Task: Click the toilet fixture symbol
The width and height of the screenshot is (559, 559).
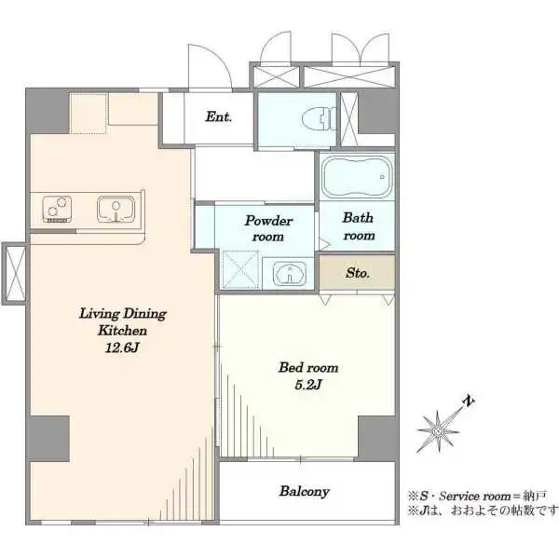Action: coord(319,118)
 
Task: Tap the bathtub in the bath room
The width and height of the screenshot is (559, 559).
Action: coord(358,177)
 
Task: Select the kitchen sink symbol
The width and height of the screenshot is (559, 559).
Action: coord(116,209)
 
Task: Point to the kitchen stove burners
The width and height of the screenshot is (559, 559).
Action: coord(57,210)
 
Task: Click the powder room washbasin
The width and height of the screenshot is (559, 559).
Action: coord(290,274)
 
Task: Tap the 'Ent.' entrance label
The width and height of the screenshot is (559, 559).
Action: coord(219,116)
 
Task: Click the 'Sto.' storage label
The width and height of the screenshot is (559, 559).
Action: coord(357,273)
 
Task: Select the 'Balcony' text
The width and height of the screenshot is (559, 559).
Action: coord(304,491)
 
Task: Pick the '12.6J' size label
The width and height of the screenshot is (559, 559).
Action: coord(121,348)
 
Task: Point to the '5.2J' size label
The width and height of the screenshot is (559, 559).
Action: coord(308,385)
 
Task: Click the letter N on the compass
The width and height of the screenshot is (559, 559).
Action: coord(469,402)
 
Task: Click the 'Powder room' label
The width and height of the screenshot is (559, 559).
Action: coord(268,228)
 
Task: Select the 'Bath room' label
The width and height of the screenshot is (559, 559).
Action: coord(359,226)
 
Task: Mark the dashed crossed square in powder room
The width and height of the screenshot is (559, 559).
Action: coord(241,269)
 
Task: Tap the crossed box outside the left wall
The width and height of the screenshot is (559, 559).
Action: coord(14,273)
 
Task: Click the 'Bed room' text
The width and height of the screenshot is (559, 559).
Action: coord(308,367)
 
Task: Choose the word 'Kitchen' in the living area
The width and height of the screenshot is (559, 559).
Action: coord(122,331)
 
